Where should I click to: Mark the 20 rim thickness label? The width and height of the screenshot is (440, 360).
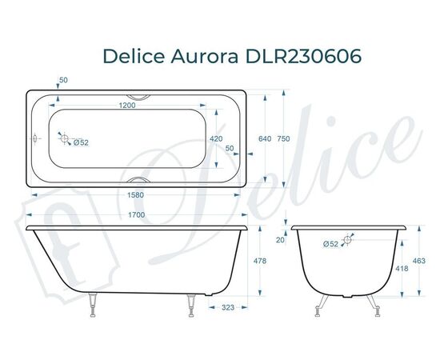click(x=280, y=239)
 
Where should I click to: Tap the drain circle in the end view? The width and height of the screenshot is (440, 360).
click(x=348, y=238)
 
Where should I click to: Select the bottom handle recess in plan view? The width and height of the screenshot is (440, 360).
click(x=141, y=181)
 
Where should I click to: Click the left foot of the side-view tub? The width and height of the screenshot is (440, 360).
click(x=94, y=303)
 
